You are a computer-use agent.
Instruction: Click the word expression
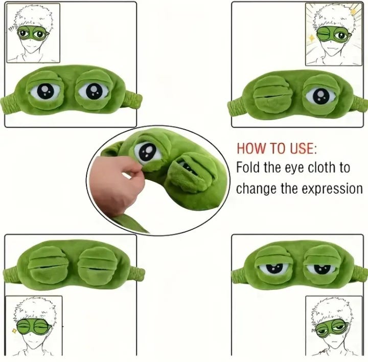tap(332, 189)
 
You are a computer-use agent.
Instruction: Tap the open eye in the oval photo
tap(148, 152)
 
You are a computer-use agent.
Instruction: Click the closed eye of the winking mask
tap(273, 95)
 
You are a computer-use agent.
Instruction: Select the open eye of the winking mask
tap(321, 95)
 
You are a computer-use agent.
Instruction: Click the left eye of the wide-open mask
tap(45, 91)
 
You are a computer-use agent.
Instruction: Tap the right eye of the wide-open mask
tap(94, 91)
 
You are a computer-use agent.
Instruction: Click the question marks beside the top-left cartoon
tap(11, 30)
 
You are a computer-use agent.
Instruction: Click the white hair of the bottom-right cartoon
tap(331, 309)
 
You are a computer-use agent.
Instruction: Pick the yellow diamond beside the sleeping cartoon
tap(14, 330)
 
